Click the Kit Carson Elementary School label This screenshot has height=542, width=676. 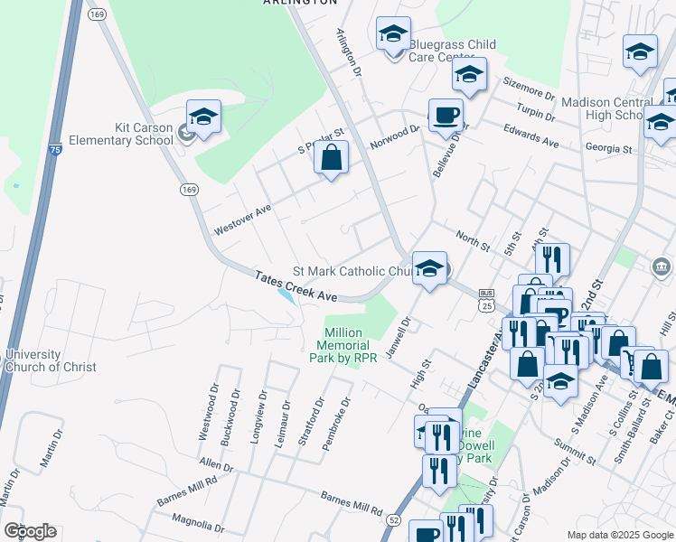coord(144,134)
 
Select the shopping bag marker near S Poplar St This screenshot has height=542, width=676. coord(332,158)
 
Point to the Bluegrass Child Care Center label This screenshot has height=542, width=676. coord(452,51)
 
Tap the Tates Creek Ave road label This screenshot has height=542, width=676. coord(296,286)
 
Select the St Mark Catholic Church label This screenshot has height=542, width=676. coord(352,271)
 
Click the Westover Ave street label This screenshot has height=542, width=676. coord(242,220)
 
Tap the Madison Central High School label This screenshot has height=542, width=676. coord(602,108)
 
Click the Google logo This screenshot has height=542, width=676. coord(29,531)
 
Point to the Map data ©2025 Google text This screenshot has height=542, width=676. coord(620,535)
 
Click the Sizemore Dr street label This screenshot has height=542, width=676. coord(529,89)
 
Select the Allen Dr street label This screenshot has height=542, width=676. coord(216,466)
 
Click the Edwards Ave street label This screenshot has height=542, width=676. coord(532,135)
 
